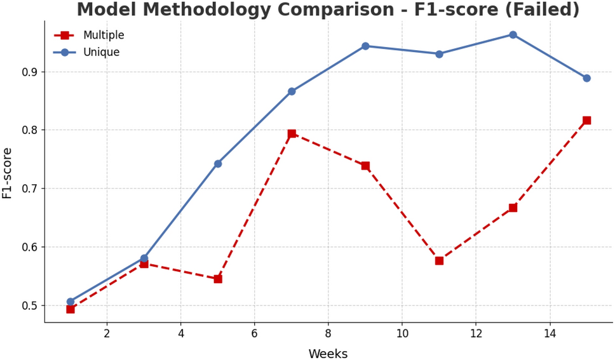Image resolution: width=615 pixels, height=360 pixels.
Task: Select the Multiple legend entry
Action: pos(103,36)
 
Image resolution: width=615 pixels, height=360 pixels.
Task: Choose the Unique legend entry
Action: pos(101,53)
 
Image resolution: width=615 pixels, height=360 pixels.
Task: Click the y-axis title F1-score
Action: pos(8,173)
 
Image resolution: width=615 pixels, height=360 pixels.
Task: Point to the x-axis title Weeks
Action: pos(328,354)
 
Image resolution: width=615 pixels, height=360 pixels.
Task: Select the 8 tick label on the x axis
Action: pos(328,333)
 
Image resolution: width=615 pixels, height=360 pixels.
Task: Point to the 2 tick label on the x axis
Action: pos(107,333)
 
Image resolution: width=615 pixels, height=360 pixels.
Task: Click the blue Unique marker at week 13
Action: pos(513,35)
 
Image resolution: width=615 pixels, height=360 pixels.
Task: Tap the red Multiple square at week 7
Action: pos(292,134)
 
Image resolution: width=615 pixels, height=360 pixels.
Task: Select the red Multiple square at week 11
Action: pos(439,261)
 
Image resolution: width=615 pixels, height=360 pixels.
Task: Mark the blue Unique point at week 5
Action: pos(218,164)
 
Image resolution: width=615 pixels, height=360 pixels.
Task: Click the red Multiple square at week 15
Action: pos(586,121)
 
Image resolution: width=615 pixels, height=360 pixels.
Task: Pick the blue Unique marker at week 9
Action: pos(365,46)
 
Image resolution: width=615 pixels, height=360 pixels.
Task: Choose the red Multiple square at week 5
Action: pos(218,279)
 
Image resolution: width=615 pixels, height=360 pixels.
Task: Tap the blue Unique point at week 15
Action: pos(586,78)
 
